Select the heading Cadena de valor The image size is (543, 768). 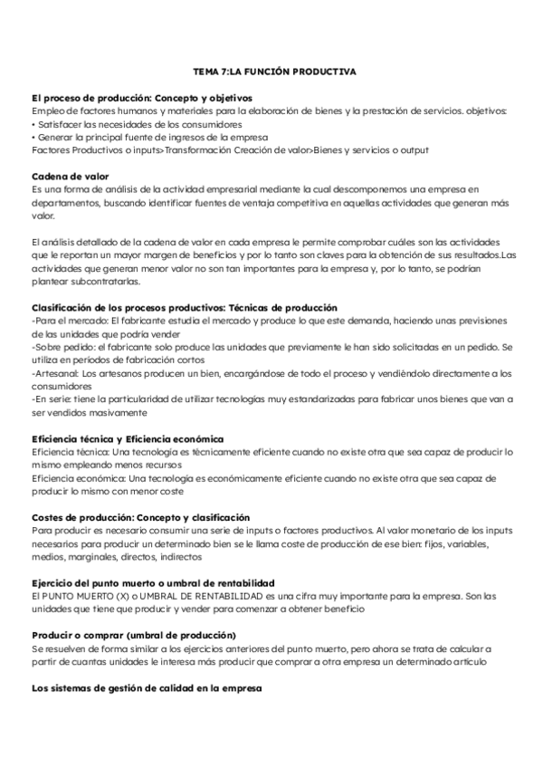pyautogui.click(x=71, y=176)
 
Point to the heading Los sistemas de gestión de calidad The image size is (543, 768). pyautogui.click(x=146, y=689)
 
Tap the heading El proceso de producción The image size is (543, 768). pyautogui.click(x=141, y=96)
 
